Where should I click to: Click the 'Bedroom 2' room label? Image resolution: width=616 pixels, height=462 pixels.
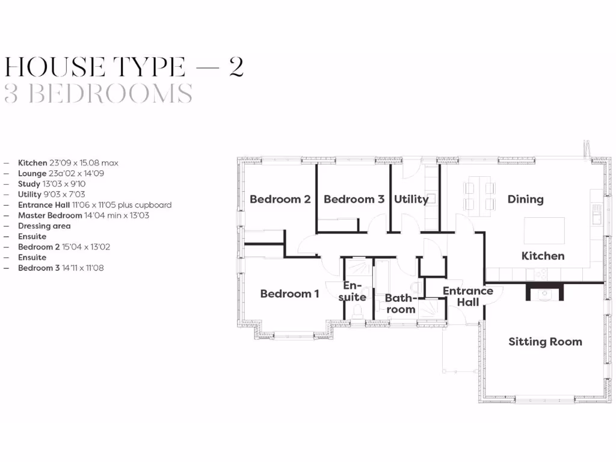[280, 199]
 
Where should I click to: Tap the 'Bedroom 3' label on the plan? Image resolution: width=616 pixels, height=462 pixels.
[354, 199]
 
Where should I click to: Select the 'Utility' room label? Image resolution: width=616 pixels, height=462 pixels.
[411, 199]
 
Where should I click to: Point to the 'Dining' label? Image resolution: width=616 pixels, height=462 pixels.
[525, 199]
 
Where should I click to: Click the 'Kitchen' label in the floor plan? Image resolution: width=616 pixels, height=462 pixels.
[543, 256]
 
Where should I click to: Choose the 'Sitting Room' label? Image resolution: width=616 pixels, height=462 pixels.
[545, 342]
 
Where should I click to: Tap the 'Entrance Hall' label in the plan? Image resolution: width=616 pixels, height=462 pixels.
[467, 297]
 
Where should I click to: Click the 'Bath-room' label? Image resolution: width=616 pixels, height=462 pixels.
[400, 303]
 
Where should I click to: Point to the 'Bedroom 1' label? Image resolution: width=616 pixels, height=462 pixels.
[289, 294]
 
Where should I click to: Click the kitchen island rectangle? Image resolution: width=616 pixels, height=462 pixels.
[544, 230]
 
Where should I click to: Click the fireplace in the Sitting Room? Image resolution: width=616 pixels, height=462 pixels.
[546, 292]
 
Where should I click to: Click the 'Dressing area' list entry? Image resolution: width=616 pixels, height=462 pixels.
[44, 226]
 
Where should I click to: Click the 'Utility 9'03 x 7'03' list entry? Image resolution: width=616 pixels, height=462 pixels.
[51, 194]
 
